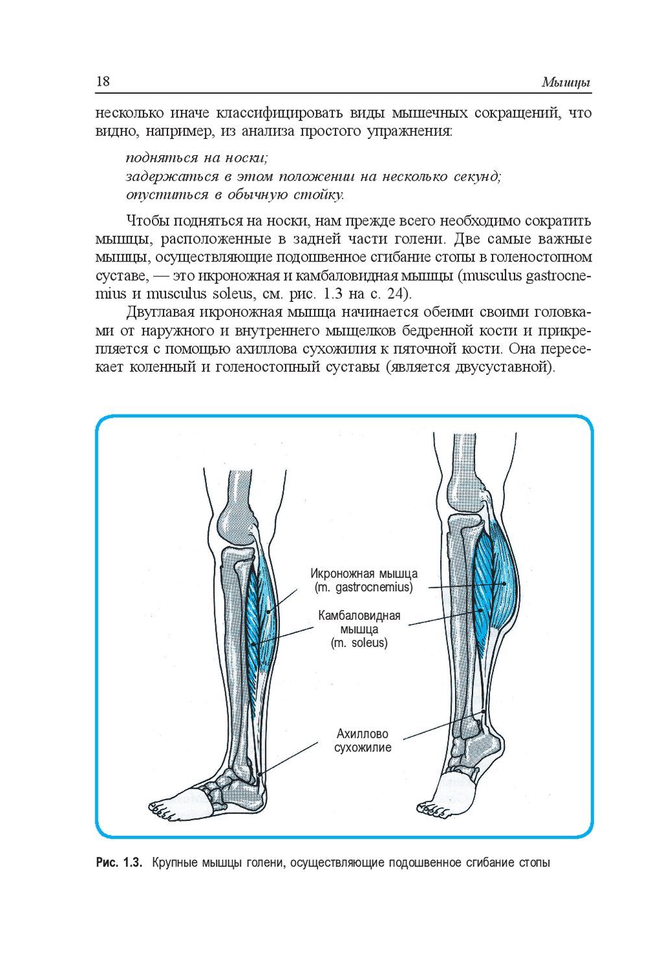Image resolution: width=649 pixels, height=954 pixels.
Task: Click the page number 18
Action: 103,82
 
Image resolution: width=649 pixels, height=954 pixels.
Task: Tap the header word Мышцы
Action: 566,83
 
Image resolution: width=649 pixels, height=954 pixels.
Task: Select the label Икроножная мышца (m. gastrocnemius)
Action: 363,581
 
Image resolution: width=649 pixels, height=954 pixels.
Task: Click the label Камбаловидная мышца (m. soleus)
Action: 359,629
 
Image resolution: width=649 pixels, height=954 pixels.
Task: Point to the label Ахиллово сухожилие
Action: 362,740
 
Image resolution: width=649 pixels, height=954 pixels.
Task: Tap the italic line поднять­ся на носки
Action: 197,157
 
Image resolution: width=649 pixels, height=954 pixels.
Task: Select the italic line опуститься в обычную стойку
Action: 234,194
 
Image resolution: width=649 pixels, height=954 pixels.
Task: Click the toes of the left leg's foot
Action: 160,808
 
